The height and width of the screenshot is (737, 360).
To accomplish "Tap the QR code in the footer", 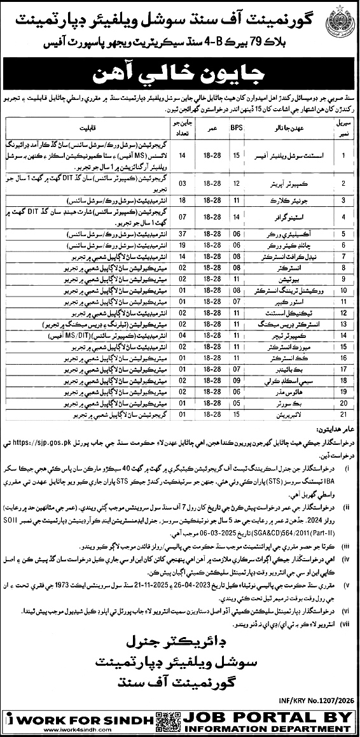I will (165, 722).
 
